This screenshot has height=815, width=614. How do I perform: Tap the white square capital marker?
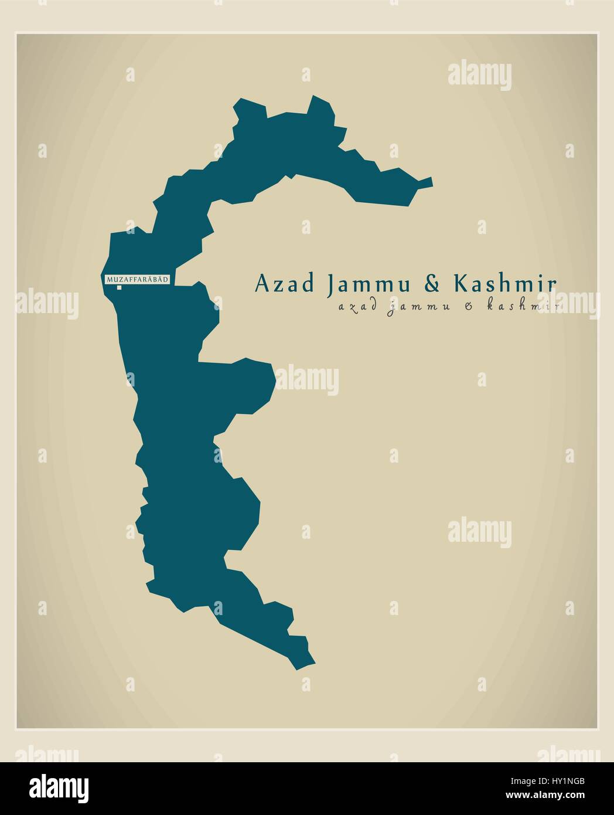coord(119,287)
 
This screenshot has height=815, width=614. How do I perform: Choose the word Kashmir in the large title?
coord(504,284)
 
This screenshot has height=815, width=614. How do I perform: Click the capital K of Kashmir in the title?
coord(460,284)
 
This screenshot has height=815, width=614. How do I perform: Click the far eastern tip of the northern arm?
coord(432,181)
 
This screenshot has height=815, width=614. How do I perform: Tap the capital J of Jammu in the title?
coord(333,284)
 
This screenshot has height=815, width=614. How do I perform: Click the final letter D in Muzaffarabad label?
coord(166,280)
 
